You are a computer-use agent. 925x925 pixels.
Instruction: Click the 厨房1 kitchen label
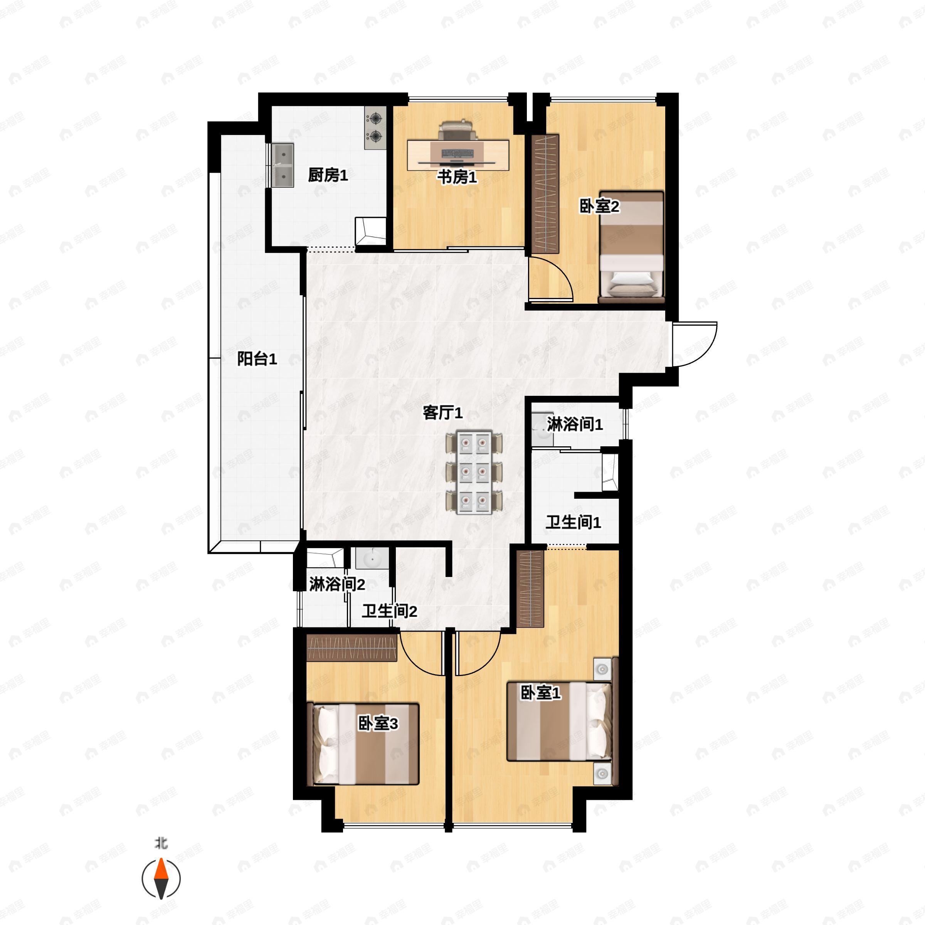[x=328, y=175]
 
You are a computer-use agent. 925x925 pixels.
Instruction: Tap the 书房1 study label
[x=457, y=177]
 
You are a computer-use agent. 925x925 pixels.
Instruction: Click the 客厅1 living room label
[x=443, y=413]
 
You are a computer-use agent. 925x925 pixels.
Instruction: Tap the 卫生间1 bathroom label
[x=573, y=522]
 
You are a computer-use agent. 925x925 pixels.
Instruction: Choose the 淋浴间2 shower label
[x=337, y=584]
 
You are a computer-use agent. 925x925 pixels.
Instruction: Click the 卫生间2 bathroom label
[x=389, y=611]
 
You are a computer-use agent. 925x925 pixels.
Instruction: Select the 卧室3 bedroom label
[x=378, y=723]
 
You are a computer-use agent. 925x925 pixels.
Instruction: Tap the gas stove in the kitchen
[x=375, y=127]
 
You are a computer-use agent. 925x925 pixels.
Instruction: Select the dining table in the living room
[x=474, y=472]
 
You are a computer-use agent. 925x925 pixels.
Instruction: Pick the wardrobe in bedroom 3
[x=351, y=648]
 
